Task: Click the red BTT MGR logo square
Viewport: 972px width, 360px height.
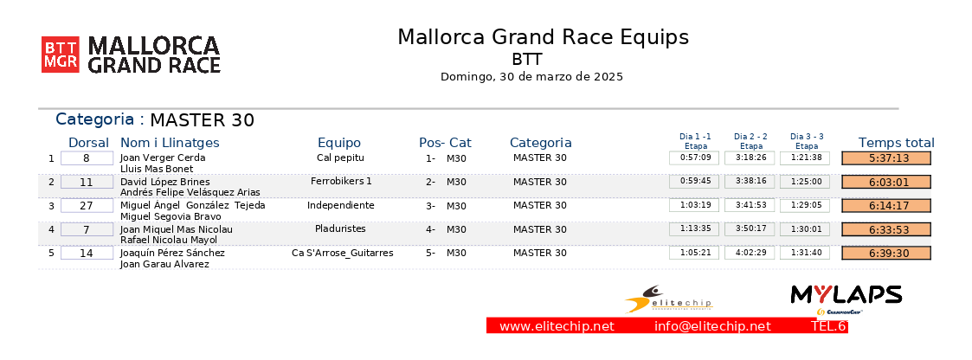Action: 60,55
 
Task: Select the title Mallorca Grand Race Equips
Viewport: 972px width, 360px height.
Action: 543,37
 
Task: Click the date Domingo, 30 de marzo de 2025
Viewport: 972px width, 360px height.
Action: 531,77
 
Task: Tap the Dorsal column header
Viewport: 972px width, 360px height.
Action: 88,143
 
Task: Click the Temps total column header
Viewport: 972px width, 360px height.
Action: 897,143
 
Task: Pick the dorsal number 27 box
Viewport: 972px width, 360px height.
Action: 87,206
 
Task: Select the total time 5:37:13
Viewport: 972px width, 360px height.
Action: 886,158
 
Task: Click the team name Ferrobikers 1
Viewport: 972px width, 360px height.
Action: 341,181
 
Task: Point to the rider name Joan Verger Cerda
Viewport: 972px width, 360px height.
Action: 163,158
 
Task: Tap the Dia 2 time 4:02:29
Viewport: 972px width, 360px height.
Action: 750,253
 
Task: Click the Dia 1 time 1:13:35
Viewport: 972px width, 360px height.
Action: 694,229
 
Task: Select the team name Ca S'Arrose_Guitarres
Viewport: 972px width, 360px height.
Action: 343,253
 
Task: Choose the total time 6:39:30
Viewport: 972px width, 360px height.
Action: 886,254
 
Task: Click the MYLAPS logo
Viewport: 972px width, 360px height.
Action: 846,296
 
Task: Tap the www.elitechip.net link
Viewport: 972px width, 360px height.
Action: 557,326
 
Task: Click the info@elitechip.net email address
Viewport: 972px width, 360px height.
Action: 713,326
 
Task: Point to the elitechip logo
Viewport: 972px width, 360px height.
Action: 668,299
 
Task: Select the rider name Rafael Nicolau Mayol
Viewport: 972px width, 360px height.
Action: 169,240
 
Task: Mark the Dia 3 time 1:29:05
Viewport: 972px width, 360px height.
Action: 805,206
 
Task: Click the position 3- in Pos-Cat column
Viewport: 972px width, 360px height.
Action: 430,206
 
